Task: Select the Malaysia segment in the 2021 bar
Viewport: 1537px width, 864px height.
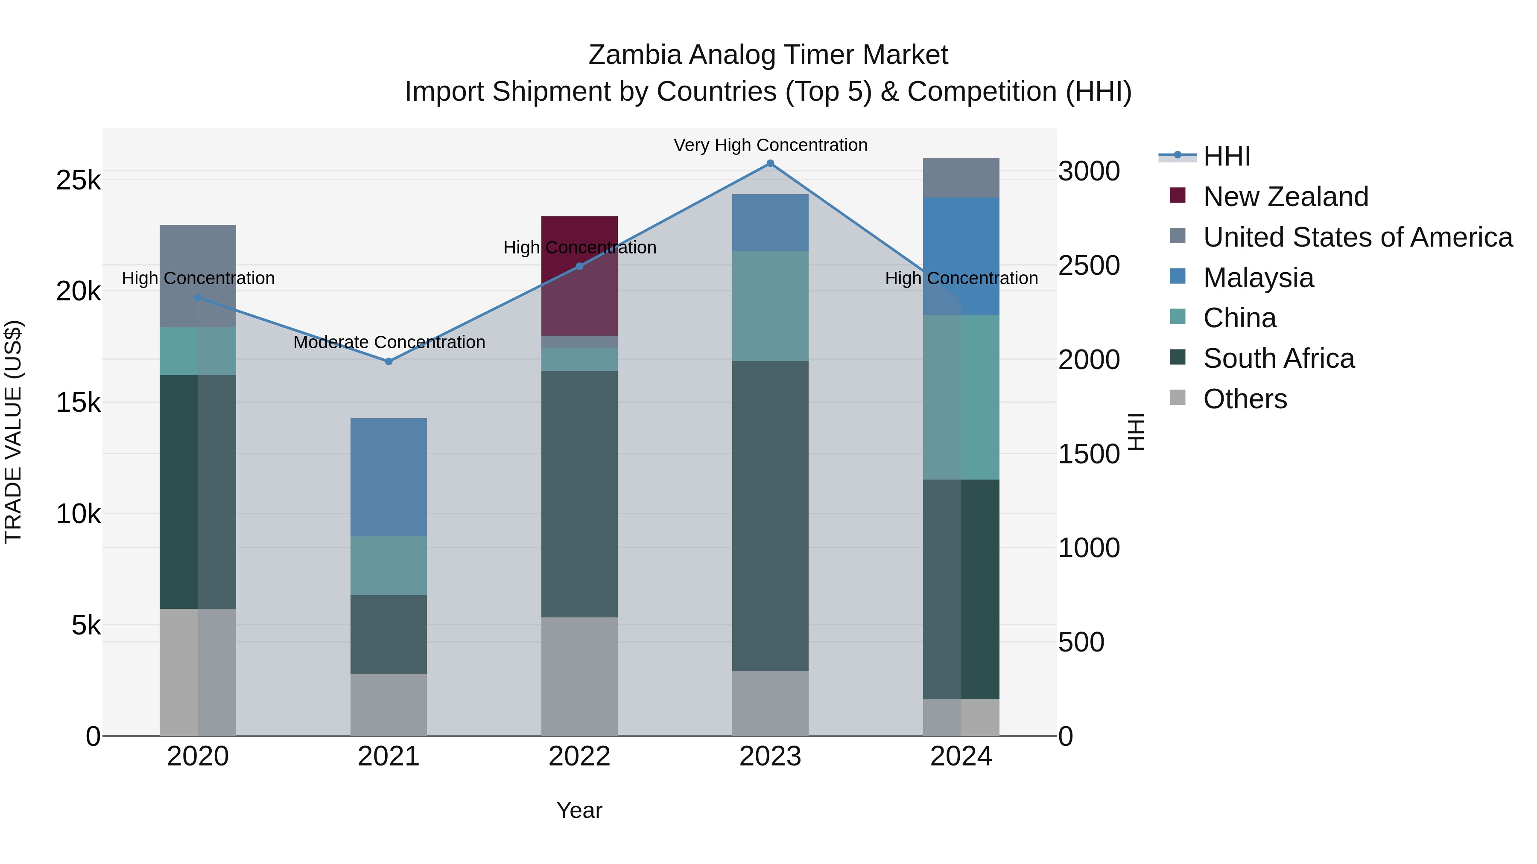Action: tap(389, 477)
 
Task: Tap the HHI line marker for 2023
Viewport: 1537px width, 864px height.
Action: tap(770, 163)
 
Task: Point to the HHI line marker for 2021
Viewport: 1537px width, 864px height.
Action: tap(389, 361)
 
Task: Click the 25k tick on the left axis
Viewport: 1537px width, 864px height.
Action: tap(78, 180)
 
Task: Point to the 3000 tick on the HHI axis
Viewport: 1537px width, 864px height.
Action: tap(1089, 171)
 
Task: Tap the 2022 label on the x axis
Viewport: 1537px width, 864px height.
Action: tap(579, 756)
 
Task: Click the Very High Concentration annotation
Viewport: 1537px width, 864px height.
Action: tap(770, 145)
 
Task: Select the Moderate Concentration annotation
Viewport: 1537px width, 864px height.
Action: tap(389, 342)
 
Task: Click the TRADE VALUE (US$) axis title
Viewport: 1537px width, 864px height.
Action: tap(13, 432)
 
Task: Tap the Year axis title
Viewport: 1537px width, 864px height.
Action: tap(579, 810)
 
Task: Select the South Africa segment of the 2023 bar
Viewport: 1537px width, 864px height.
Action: tap(770, 516)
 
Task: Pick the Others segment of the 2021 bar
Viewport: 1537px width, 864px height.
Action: tap(389, 705)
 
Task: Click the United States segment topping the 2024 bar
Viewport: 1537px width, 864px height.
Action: tap(961, 177)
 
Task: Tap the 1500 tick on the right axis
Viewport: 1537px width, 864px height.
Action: tap(1089, 454)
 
